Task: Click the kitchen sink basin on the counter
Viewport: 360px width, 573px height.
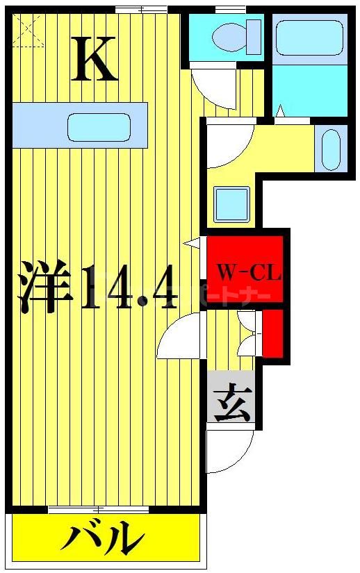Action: coord(99,126)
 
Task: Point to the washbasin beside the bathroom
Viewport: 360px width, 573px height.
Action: coord(331,148)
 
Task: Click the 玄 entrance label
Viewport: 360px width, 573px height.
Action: coord(232,404)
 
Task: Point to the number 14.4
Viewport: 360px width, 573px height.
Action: coord(129,286)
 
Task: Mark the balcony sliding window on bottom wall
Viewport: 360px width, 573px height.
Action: coord(99,510)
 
